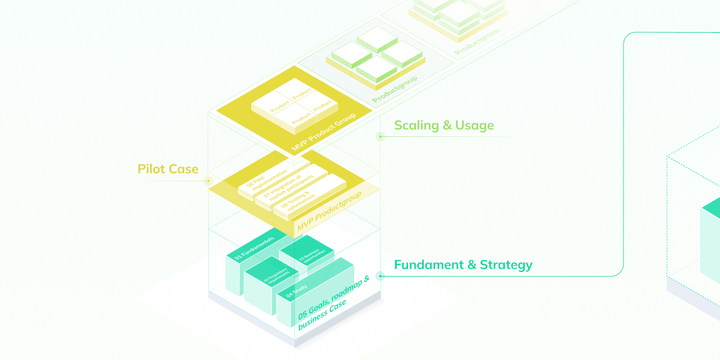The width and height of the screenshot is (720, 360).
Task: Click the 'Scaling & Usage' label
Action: click(444, 125)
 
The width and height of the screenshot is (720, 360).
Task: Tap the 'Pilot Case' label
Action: click(168, 169)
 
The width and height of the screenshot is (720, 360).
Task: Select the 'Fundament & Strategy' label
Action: click(463, 265)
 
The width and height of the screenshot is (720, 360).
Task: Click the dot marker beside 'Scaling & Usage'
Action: click(380, 136)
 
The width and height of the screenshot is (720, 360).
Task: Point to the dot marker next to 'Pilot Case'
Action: click(208, 182)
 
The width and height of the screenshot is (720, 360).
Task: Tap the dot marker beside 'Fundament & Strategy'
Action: click(380, 276)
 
